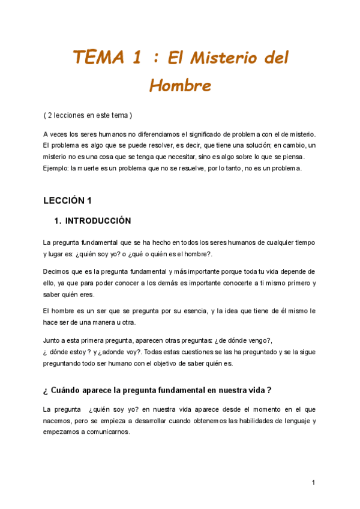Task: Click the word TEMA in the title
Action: pos(98,58)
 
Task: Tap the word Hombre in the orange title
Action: pos(180,86)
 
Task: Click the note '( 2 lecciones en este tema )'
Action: pos(88,115)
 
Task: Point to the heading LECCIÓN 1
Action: pos(67,200)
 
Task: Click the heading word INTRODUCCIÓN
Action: pos(98,221)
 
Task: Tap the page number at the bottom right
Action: pos(313,483)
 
